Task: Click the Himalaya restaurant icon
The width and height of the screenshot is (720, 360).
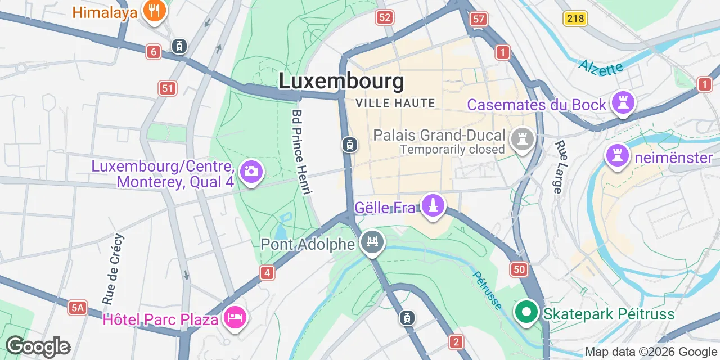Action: [x=153, y=11]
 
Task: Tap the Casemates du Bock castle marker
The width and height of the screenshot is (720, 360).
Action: [x=623, y=103]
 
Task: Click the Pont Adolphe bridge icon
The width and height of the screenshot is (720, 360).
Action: [x=372, y=242]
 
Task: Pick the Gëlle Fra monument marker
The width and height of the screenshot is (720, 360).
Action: [x=433, y=206]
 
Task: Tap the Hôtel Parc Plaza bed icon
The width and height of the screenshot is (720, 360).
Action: [x=235, y=318]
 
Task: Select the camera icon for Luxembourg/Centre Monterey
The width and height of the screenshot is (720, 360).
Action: [x=251, y=171]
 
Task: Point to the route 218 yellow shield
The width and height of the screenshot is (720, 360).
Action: [x=576, y=19]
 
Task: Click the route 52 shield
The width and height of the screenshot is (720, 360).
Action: [x=384, y=18]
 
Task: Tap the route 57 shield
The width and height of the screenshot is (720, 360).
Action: [x=479, y=19]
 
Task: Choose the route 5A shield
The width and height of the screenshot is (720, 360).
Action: [x=78, y=307]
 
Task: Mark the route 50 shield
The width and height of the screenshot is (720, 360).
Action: [x=519, y=269]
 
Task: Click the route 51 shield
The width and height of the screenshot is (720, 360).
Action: [x=167, y=88]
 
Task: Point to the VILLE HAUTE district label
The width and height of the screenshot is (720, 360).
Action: [x=396, y=103]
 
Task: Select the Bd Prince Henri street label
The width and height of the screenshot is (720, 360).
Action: [x=301, y=152]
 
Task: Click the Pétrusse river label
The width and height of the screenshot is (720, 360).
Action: [x=487, y=290]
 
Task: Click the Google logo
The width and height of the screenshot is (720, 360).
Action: [x=38, y=347]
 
